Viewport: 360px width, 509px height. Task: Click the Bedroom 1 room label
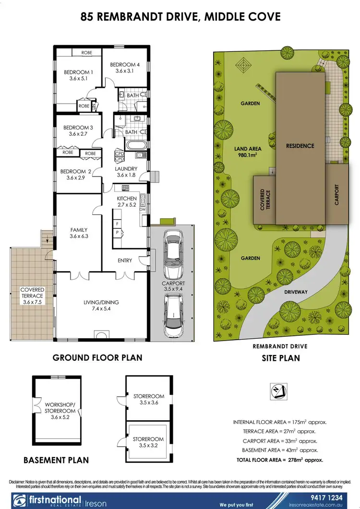(78, 76)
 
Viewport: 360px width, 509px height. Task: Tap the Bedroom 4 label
(125, 68)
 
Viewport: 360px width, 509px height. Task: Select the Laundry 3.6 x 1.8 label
(126, 172)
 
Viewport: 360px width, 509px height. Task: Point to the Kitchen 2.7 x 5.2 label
(127, 201)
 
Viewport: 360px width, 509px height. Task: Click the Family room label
(79, 233)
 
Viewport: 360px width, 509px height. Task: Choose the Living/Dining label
(101, 306)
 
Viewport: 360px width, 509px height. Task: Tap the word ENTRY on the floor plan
(125, 260)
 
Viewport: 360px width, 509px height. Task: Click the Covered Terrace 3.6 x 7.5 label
(32, 293)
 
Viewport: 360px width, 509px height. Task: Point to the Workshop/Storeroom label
(60, 407)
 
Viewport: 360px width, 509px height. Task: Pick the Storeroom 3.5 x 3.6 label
(148, 400)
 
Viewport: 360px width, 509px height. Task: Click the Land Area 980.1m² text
(248, 152)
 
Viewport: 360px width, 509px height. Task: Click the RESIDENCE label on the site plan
(300, 146)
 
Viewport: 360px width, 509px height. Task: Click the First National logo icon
(19, 500)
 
